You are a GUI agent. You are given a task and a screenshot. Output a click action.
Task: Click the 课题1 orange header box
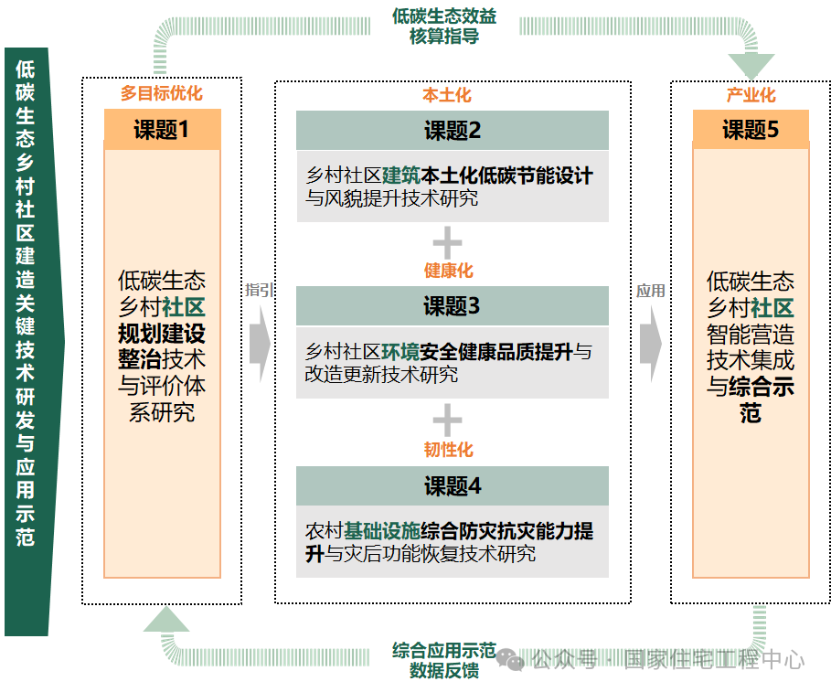[162, 130]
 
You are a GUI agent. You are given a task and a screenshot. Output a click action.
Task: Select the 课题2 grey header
[452, 131]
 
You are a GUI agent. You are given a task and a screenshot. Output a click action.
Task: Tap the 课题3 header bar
[452, 306]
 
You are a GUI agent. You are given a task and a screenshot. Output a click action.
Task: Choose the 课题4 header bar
[452, 486]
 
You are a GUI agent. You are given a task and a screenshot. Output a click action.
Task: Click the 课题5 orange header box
[751, 130]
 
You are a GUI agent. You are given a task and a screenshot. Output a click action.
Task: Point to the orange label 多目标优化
[162, 93]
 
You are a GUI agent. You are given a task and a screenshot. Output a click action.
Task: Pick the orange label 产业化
[751, 95]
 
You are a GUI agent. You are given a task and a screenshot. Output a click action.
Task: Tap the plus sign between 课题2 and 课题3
[447, 243]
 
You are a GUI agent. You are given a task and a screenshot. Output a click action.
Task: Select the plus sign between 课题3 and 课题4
[447, 421]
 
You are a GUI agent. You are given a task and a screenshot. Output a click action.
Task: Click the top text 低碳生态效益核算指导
[444, 27]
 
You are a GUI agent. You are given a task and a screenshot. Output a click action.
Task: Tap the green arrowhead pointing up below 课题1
[165, 621]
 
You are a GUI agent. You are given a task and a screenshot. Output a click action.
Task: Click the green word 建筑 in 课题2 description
[400, 176]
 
